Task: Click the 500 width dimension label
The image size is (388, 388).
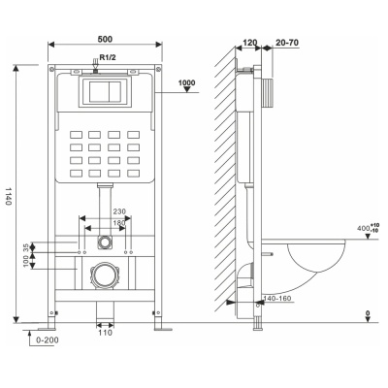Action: click(105, 39)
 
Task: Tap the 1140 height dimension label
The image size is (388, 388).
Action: click(9, 195)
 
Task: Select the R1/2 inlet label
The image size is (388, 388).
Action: click(108, 57)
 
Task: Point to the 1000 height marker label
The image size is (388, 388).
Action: click(187, 82)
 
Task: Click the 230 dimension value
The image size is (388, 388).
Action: click(119, 211)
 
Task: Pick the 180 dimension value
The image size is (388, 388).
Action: click(119, 223)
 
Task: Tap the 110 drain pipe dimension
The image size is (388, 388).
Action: click(106, 333)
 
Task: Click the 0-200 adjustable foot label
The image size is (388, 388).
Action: click(48, 340)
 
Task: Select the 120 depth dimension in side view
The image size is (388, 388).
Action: click(249, 43)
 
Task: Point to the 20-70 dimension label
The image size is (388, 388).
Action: click(287, 43)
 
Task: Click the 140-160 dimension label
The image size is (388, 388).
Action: click(277, 299)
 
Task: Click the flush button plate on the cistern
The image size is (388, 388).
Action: click(105, 92)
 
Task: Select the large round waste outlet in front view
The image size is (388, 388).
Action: click(105, 275)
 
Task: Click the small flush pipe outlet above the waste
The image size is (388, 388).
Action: click(105, 242)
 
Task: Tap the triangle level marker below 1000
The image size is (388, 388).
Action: click(187, 89)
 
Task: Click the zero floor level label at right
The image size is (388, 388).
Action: click(368, 313)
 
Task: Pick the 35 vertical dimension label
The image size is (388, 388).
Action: click(25, 247)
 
